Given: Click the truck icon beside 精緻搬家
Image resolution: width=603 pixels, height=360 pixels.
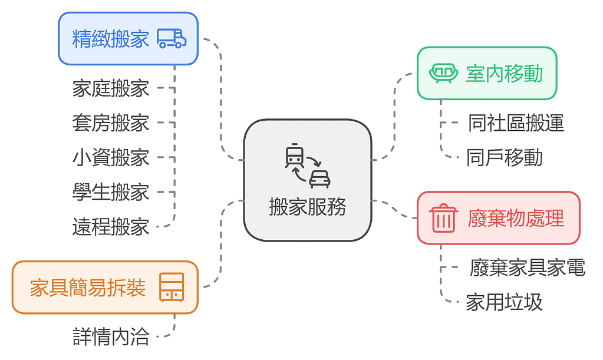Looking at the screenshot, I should [172, 39].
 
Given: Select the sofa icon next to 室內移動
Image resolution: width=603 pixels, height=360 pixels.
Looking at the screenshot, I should [443, 74].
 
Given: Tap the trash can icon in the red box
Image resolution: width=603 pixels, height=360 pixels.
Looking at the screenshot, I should [443, 218].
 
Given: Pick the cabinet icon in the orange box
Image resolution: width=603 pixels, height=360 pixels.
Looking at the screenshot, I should [172, 288].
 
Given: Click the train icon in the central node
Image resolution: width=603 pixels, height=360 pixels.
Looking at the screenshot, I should [295, 156].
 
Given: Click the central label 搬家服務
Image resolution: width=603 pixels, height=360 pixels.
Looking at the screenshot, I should [308, 207].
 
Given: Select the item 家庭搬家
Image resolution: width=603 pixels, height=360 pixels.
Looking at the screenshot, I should [111, 88].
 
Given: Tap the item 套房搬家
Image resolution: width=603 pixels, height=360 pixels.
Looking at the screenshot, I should [111, 123].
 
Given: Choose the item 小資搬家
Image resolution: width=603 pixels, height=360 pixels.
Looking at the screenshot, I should [111, 158].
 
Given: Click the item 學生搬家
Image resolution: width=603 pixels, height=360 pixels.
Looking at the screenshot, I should [111, 192].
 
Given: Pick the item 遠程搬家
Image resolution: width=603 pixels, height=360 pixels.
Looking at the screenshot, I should [111, 227].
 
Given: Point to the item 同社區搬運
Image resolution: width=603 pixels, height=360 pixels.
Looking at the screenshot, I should [516, 123].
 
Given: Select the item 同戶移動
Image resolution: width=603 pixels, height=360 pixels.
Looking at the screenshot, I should [505, 158].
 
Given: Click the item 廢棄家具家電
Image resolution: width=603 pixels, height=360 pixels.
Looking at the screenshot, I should [528, 267].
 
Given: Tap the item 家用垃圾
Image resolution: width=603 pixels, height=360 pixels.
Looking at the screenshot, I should [505, 302].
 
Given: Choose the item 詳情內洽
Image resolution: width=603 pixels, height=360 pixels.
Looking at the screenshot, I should [111, 337].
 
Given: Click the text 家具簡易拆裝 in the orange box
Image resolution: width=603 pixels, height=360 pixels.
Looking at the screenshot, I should [88, 288].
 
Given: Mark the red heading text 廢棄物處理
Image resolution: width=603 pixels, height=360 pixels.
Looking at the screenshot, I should [516, 218].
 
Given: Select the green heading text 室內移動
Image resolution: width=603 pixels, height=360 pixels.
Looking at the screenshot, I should [504, 74].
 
